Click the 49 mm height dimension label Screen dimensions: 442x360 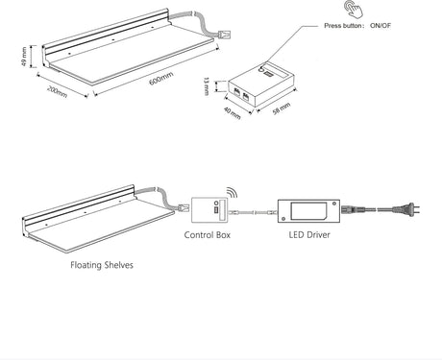click(24, 57)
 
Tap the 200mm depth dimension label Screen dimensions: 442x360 click(58, 91)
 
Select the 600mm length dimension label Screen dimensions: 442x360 click(161, 79)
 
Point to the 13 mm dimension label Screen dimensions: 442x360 click(207, 86)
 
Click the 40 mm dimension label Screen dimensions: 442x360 click(232, 113)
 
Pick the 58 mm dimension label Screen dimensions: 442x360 click(282, 108)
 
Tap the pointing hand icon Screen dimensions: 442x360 click(354, 9)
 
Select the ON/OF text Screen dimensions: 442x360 click(381, 26)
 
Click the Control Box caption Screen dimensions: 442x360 click(208, 235)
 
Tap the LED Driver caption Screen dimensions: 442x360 click(309, 235)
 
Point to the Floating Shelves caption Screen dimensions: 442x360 click(102, 265)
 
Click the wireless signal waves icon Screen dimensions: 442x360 click(233, 193)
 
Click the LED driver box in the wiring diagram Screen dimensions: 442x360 click(308, 211)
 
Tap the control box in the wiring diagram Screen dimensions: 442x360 click(209, 210)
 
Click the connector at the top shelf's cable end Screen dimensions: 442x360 click(224, 34)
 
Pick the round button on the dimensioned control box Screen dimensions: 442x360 click(261, 68)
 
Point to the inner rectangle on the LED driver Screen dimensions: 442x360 click(308, 210)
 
